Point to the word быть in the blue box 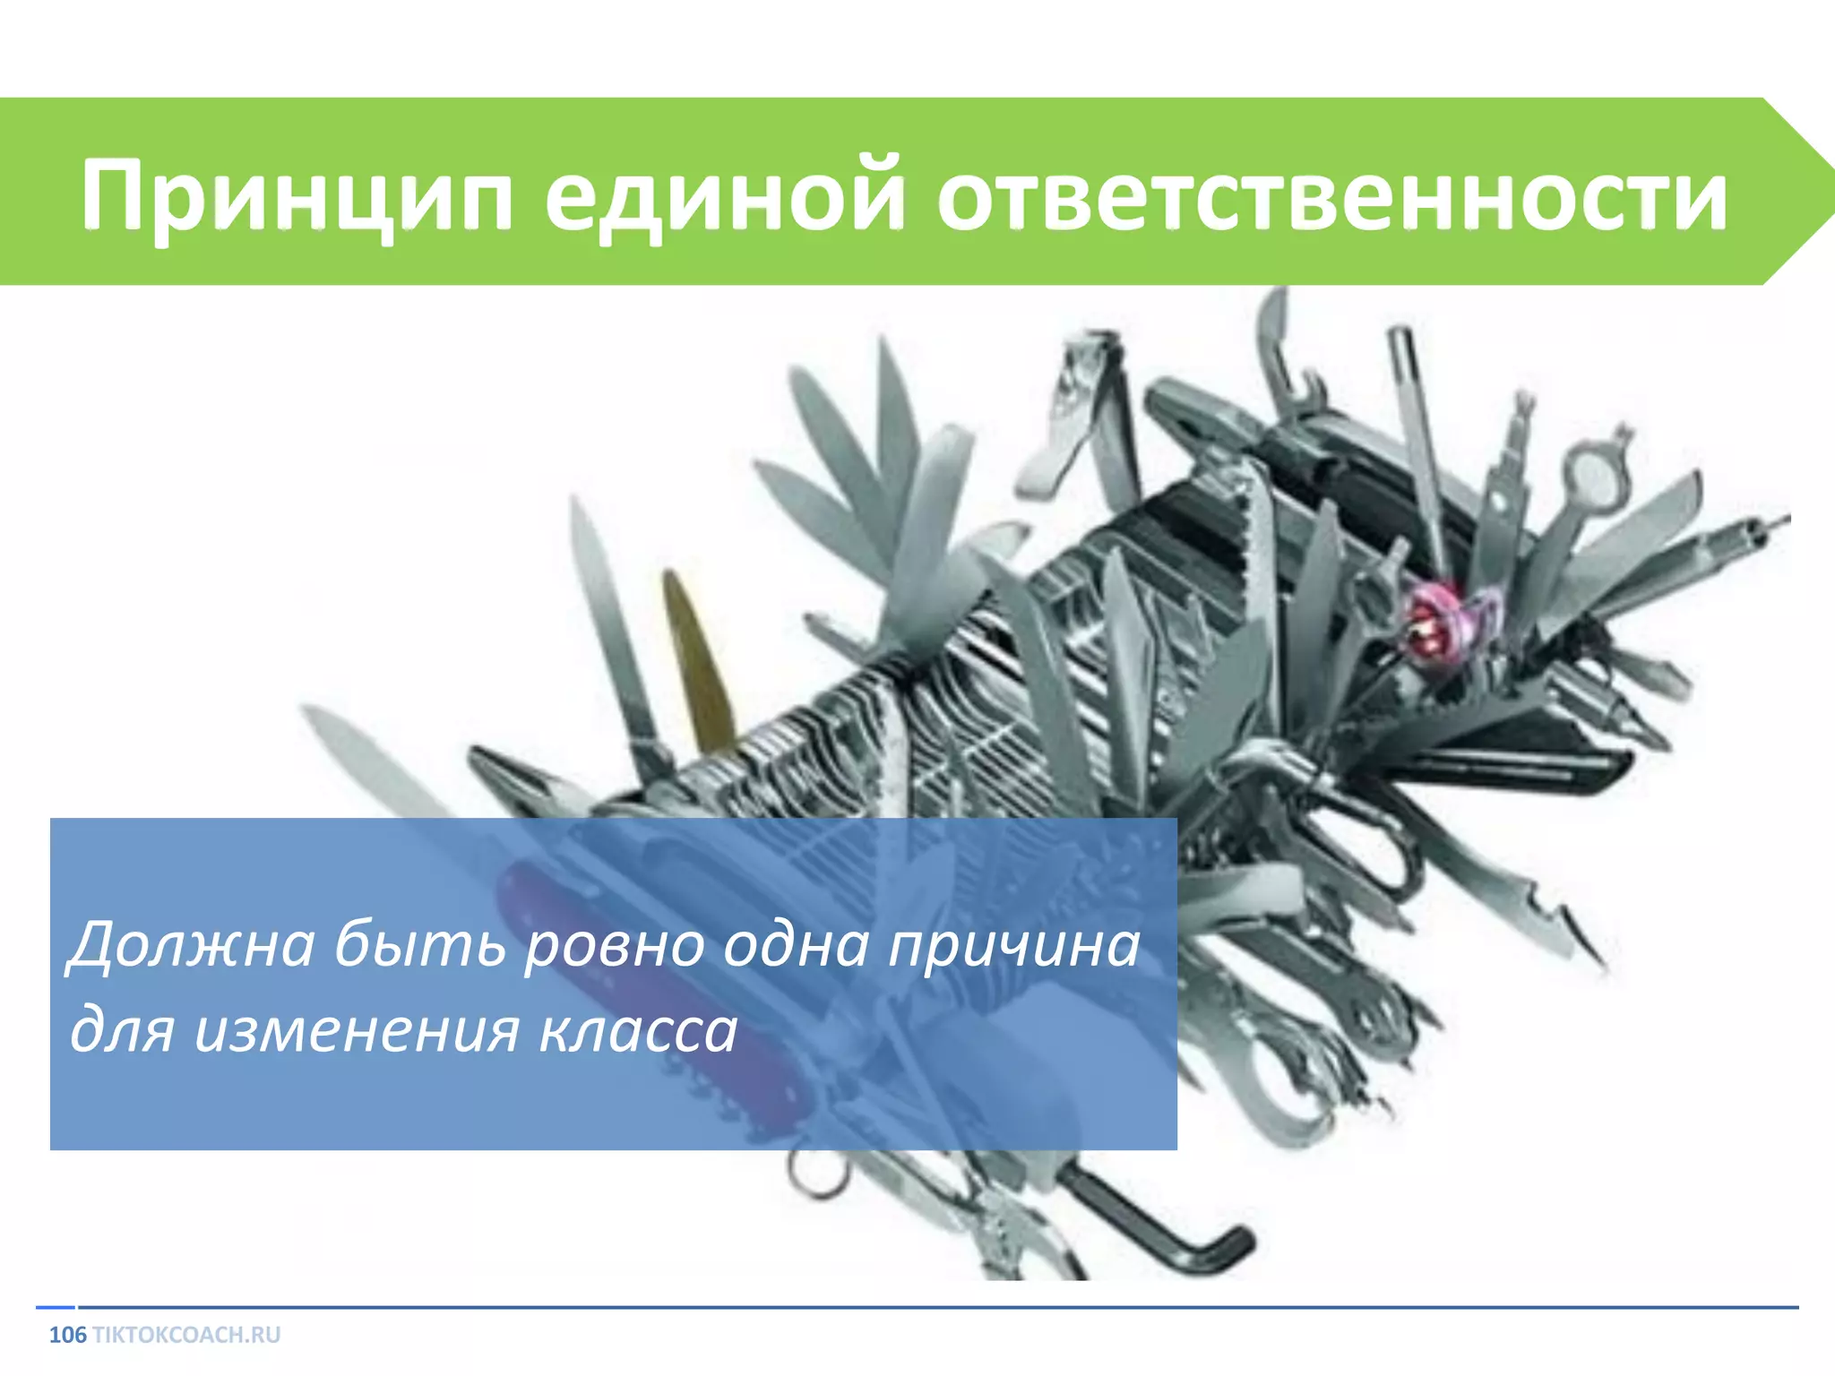click(419, 945)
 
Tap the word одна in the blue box click(795, 945)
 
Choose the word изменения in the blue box click(357, 1030)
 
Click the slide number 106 click(67, 1335)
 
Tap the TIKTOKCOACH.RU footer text click(186, 1335)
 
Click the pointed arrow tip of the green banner click(1824, 191)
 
